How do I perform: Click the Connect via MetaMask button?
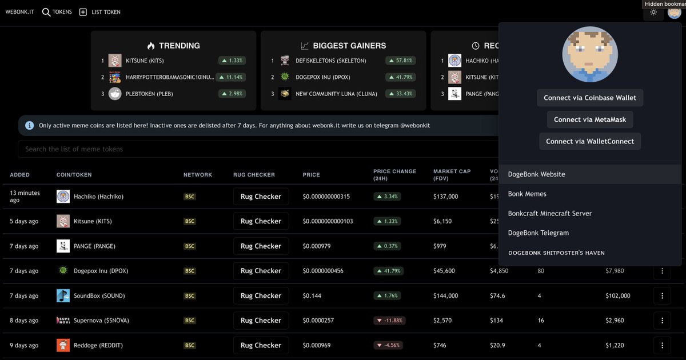coord(590,119)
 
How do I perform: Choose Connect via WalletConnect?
coord(590,141)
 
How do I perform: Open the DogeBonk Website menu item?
coord(536,174)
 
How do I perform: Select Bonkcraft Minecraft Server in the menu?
coord(549,213)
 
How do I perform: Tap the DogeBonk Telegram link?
coord(538,233)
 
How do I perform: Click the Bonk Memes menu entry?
coord(527,194)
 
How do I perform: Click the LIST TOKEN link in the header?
coord(100,12)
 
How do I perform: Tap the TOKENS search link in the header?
coord(57,12)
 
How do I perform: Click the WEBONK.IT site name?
coord(20,12)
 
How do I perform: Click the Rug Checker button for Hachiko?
coord(261,197)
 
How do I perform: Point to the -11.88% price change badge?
coord(389,321)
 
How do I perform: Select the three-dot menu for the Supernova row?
coord(662,321)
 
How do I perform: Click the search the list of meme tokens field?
coord(257,149)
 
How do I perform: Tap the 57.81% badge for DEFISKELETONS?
coord(401,61)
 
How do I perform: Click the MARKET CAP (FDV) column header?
coord(452,174)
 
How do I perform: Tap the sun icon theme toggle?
coord(653,12)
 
